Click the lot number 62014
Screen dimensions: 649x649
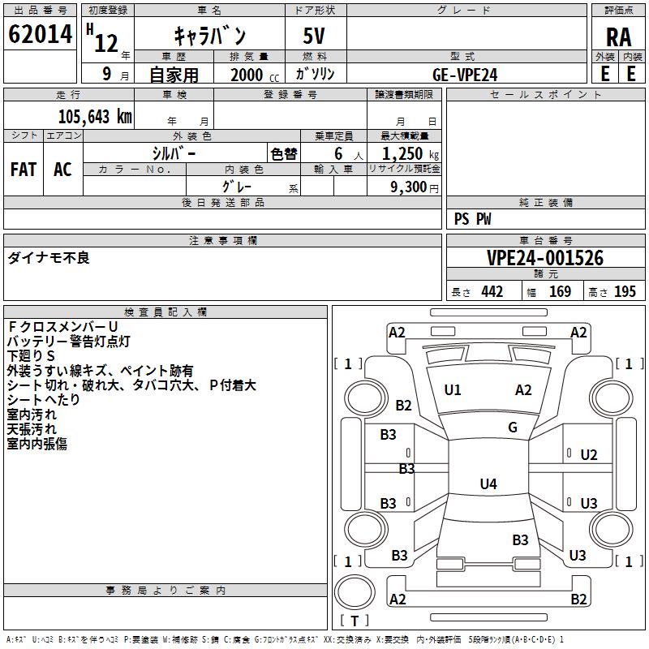[40, 34]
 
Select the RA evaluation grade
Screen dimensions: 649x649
[619, 37]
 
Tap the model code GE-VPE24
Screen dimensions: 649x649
[465, 75]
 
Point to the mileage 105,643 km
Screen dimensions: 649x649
[95, 117]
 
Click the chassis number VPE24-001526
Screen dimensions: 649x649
[545, 258]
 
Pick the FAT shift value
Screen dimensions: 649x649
[24, 170]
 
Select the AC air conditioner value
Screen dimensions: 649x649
[62, 170]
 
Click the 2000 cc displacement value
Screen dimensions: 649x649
[255, 75]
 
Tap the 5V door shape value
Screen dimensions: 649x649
[314, 36]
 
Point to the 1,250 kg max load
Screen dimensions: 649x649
[410, 153]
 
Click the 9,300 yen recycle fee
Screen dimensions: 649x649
[415, 187]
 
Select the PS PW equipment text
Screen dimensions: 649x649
[472, 219]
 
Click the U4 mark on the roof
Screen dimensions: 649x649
[488, 484]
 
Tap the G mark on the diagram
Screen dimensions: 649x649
[513, 428]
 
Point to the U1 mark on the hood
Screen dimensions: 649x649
[453, 390]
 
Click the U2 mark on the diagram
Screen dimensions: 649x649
[589, 455]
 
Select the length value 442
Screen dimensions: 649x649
[492, 291]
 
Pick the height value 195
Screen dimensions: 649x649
[625, 291]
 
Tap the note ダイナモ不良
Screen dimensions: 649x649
[49, 258]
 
